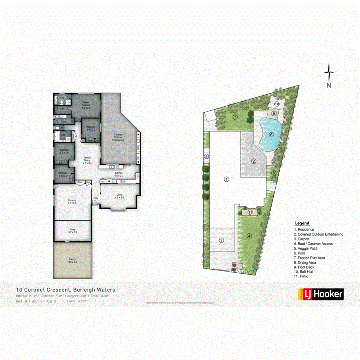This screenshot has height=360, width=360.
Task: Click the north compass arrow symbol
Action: pos(329,74)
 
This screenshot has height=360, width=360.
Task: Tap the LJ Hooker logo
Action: pos(321,294)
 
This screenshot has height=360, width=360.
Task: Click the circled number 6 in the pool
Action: pos(271,135)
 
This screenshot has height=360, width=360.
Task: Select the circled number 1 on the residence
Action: pos(226,179)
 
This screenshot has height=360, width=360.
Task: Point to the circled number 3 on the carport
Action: pos(221,240)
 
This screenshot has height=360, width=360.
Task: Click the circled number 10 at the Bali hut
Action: pos(277,104)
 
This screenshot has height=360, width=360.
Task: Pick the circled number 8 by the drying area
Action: pos(206,156)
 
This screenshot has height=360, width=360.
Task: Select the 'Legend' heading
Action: pos(302,223)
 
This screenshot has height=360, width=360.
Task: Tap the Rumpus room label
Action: pos(72,202)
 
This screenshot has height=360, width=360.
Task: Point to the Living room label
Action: pos(120,196)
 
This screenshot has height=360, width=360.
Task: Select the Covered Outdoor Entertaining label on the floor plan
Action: pos(118,137)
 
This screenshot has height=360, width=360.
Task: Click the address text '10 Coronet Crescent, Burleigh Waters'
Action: pos(66,290)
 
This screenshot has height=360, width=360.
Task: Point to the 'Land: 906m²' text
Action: pos(77,300)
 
